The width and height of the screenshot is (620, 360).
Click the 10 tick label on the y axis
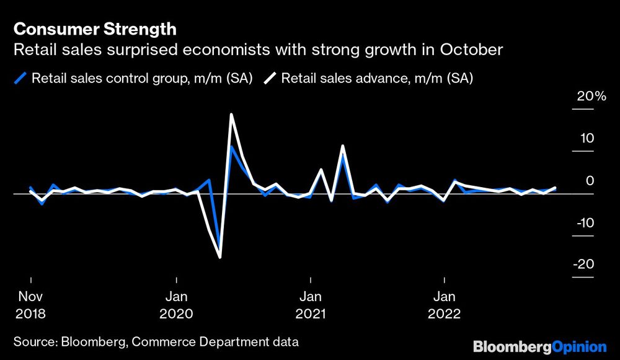(x=587, y=139)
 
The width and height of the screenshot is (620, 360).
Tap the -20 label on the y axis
(x=584, y=265)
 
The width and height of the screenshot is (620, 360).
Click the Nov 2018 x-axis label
(x=30, y=304)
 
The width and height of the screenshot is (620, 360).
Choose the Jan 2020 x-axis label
(x=177, y=304)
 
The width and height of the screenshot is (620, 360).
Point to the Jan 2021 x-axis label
(x=310, y=304)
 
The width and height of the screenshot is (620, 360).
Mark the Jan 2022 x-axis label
(x=444, y=304)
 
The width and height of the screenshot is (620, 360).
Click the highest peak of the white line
(x=231, y=115)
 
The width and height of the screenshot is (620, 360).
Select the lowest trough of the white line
(x=220, y=257)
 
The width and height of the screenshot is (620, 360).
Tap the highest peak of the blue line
(x=231, y=147)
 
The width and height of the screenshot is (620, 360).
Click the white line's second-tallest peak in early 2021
(x=342, y=146)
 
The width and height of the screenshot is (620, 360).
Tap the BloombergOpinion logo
(x=539, y=346)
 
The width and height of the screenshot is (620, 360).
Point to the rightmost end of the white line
(x=555, y=188)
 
